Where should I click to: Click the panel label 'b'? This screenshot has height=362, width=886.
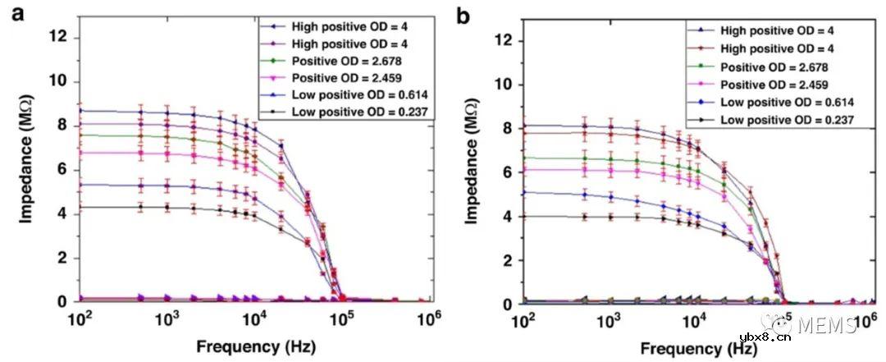(464, 15)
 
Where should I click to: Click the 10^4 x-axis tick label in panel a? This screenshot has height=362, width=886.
(257, 319)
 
